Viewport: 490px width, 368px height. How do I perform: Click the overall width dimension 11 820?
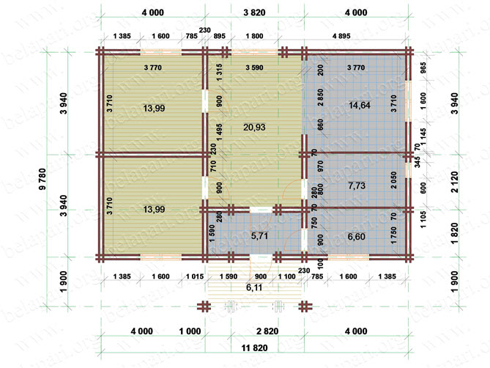click(x=255, y=347)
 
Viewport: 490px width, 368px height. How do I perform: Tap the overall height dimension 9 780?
click(x=42, y=179)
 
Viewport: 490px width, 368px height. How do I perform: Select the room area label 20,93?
click(x=254, y=128)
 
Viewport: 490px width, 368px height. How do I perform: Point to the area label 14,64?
click(x=360, y=106)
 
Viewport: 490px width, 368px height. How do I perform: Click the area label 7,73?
click(x=357, y=185)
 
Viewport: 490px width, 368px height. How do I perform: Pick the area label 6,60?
click(x=357, y=237)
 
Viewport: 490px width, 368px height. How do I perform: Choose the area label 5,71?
click(x=259, y=236)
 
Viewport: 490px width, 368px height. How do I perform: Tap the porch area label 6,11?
click(x=254, y=287)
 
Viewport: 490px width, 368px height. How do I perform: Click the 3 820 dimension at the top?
click(x=254, y=12)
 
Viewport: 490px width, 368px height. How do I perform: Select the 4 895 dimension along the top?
click(x=341, y=36)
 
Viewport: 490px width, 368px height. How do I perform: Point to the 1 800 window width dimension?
click(x=254, y=36)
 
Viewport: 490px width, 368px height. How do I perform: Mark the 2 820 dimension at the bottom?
click(x=267, y=331)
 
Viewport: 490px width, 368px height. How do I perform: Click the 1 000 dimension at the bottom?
click(x=190, y=331)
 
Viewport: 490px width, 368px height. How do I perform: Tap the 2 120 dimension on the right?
click(x=455, y=182)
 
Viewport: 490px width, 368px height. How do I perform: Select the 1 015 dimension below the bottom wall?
click(x=195, y=276)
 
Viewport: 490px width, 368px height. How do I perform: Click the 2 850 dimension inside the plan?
click(x=320, y=97)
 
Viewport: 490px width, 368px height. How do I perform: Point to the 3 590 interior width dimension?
click(x=254, y=67)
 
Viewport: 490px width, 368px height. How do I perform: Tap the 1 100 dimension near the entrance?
click(x=286, y=276)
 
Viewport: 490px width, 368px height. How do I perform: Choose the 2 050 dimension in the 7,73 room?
click(x=393, y=180)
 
